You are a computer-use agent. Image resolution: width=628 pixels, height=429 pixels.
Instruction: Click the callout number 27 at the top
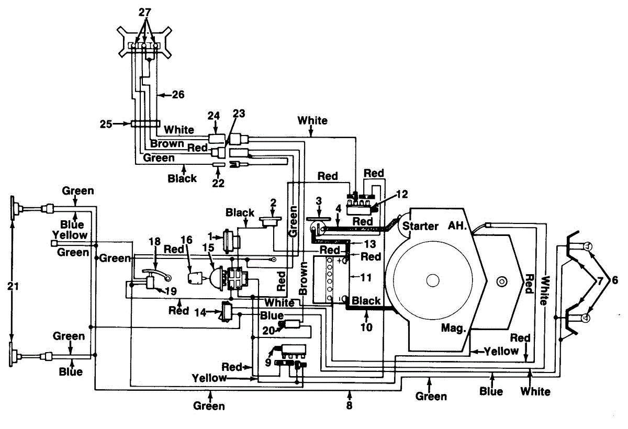[x=145, y=13]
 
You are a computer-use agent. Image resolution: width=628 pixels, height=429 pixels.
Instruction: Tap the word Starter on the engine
[x=420, y=226]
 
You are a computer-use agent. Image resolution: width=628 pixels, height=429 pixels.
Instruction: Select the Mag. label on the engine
[x=453, y=328]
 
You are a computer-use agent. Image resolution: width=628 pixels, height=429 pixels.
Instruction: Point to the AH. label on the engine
[x=457, y=225]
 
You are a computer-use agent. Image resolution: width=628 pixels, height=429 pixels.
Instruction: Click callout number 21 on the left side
[x=13, y=286]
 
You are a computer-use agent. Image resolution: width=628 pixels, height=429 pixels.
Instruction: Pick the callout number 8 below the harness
[x=349, y=405]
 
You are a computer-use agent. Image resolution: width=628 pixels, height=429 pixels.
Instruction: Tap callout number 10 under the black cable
[x=366, y=327]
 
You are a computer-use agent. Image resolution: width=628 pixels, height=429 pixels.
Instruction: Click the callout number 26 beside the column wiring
[x=178, y=95]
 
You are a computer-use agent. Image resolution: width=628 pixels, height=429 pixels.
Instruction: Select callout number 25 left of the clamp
[x=106, y=124]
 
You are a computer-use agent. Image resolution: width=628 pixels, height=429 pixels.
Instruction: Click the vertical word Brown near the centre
[x=303, y=278]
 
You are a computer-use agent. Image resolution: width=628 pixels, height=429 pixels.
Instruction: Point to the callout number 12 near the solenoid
[x=402, y=194]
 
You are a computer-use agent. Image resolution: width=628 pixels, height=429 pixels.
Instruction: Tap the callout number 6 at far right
[x=615, y=280]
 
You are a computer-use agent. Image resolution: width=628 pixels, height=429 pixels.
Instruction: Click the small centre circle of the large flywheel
[x=433, y=280]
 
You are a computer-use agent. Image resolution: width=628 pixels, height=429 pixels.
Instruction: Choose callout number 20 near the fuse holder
[x=268, y=331]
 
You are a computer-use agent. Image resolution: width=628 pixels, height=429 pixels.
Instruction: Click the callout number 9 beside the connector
[x=268, y=363]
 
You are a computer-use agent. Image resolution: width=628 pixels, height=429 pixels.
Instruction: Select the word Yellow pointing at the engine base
[x=501, y=351]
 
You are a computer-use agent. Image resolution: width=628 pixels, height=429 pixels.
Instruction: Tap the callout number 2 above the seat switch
[x=273, y=202]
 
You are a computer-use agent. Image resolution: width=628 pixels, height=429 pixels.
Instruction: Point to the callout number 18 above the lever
[x=154, y=241]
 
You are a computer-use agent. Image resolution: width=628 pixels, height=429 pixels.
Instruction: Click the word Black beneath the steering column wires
[x=182, y=178]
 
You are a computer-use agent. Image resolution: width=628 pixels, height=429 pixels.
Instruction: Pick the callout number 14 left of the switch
[x=200, y=312]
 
